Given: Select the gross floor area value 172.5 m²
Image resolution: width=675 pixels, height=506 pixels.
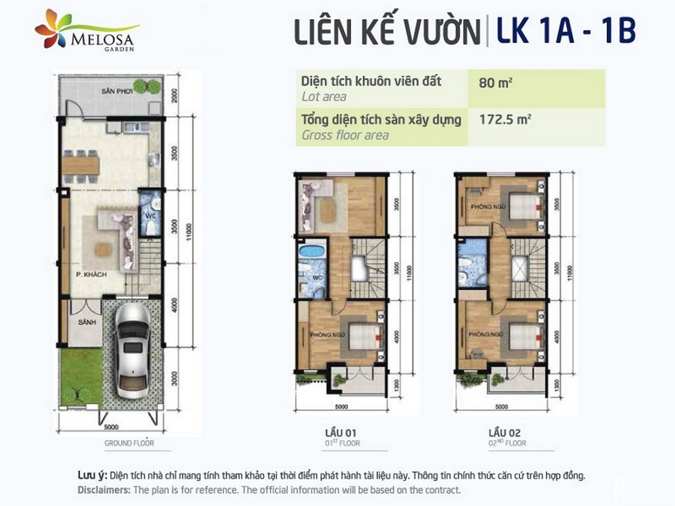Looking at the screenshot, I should (504, 119).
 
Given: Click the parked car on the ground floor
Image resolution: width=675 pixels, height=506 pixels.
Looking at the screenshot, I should (133, 355).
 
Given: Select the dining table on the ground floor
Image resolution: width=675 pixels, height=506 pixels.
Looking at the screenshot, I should (81, 165).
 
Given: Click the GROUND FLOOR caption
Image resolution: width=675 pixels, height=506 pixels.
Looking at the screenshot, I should (129, 443).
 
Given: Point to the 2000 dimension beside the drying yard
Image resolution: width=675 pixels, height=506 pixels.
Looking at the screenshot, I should (175, 95).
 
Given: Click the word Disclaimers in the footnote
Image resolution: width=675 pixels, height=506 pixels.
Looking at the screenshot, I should (103, 490).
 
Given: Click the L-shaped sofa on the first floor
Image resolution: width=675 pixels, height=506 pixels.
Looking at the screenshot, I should (316, 206).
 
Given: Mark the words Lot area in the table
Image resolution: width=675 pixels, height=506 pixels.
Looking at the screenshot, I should (324, 97).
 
